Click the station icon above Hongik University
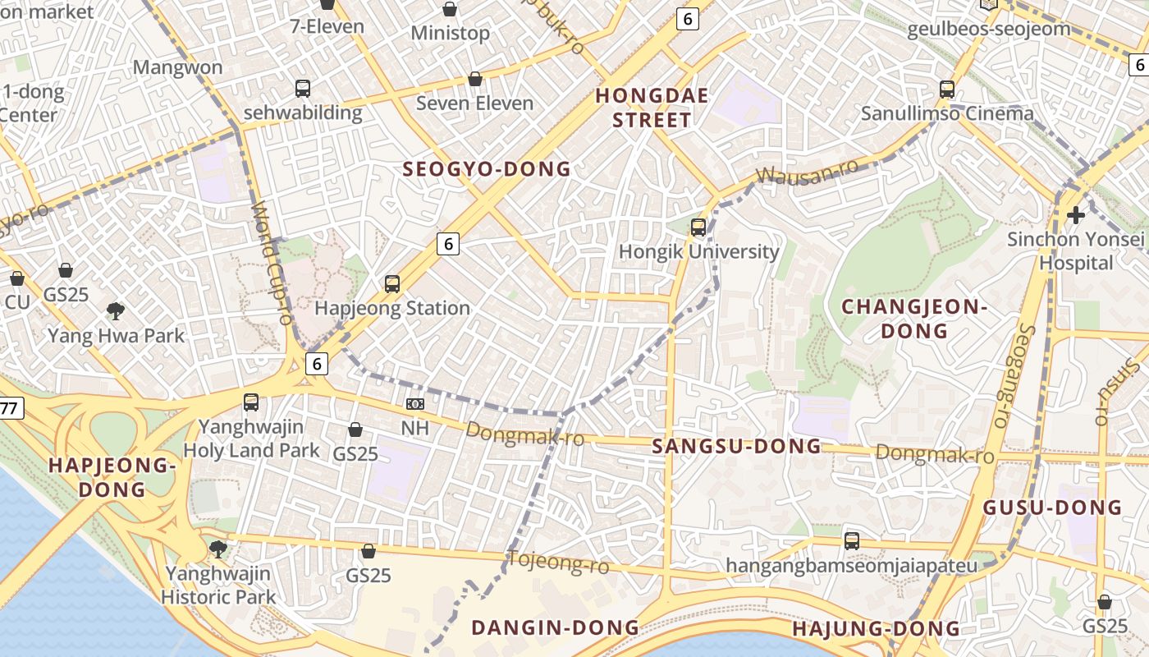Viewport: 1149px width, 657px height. (698, 227)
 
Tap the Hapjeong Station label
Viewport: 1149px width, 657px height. (392, 309)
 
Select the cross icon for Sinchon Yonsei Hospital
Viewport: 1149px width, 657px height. (1075, 215)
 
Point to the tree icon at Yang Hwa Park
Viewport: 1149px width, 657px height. (116, 310)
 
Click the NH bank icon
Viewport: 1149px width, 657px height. (414, 404)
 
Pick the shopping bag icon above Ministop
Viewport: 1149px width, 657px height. (450, 9)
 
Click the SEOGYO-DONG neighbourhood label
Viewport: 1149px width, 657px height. (486, 169)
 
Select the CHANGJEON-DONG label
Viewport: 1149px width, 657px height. (914, 319)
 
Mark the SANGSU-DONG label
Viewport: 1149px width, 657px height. (736, 446)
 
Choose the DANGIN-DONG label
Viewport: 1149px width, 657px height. (555, 627)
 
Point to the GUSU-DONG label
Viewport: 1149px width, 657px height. (1052, 508)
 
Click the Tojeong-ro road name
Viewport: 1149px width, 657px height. (559, 563)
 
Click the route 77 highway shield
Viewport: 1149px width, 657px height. (9, 408)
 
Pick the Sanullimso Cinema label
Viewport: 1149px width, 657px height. (947, 113)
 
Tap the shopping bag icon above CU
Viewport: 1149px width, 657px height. (16, 278)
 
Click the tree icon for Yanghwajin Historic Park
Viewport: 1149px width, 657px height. (217, 549)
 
